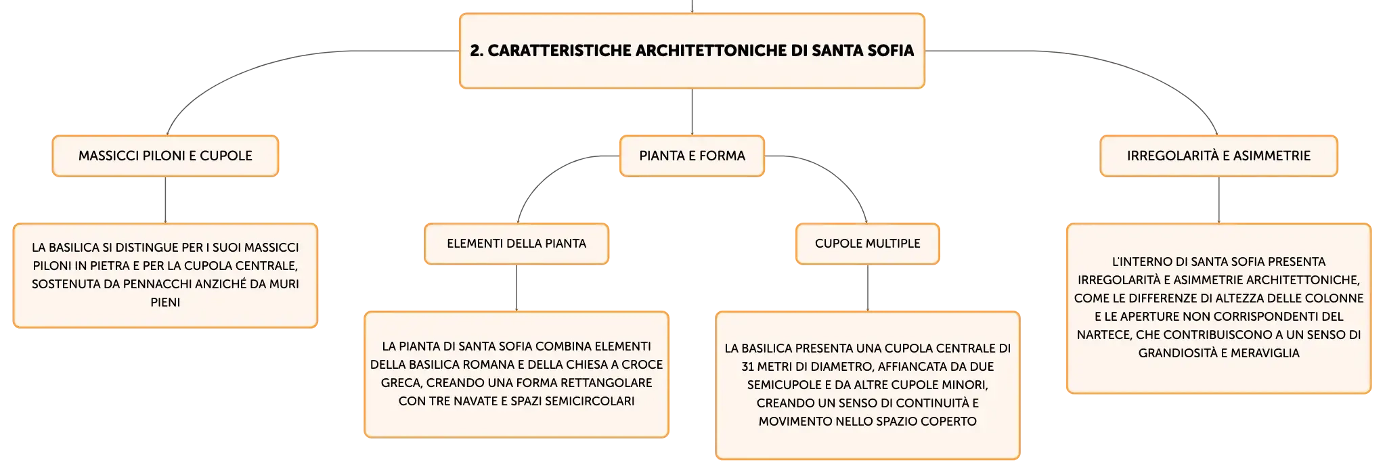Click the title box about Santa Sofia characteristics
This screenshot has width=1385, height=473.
(x=692, y=51)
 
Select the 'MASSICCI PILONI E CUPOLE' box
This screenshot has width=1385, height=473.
(x=165, y=156)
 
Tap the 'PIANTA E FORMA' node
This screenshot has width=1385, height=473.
(x=692, y=156)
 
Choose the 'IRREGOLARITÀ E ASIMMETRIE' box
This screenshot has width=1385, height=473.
(x=1218, y=156)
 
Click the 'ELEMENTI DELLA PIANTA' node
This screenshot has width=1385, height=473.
(x=516, y=244)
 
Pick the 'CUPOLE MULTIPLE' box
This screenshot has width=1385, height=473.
(x=868, y=244)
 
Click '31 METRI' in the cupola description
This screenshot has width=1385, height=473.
(x=768, y=367)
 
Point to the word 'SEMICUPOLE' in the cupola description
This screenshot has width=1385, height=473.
(x=782, y=385)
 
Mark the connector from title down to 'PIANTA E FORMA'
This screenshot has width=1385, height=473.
(x=692, y=112)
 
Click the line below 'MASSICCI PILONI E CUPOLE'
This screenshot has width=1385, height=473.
(x=165, y=200)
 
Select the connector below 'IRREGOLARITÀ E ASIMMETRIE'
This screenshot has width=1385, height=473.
(x=1218, y=200)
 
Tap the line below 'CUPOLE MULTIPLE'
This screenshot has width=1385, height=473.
(x=868, y=288)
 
